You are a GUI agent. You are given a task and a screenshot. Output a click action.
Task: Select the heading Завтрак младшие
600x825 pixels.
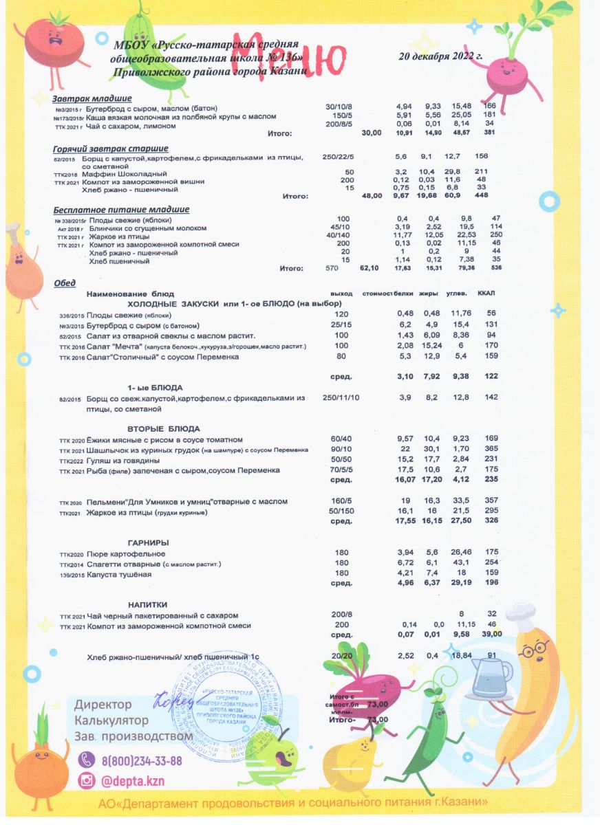click(92, 98)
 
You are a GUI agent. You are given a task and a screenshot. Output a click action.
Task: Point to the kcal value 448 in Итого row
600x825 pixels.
click(481, 196)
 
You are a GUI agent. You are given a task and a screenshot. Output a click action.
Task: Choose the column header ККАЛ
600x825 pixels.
click(486, 294)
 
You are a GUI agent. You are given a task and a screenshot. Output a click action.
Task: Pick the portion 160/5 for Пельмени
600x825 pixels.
click(341, 501)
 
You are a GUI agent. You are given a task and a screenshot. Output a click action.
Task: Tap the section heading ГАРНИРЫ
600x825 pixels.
click(149, 543)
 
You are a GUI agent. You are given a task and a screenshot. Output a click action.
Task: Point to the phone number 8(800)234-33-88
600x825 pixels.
click(142, 761)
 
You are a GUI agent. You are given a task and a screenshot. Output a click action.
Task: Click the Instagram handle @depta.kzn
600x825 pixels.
click(133, 782)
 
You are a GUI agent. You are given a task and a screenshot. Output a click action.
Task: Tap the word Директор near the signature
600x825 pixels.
click(103, 705)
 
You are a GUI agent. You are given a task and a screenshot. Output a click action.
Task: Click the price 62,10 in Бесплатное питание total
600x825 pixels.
click(369, 269)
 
